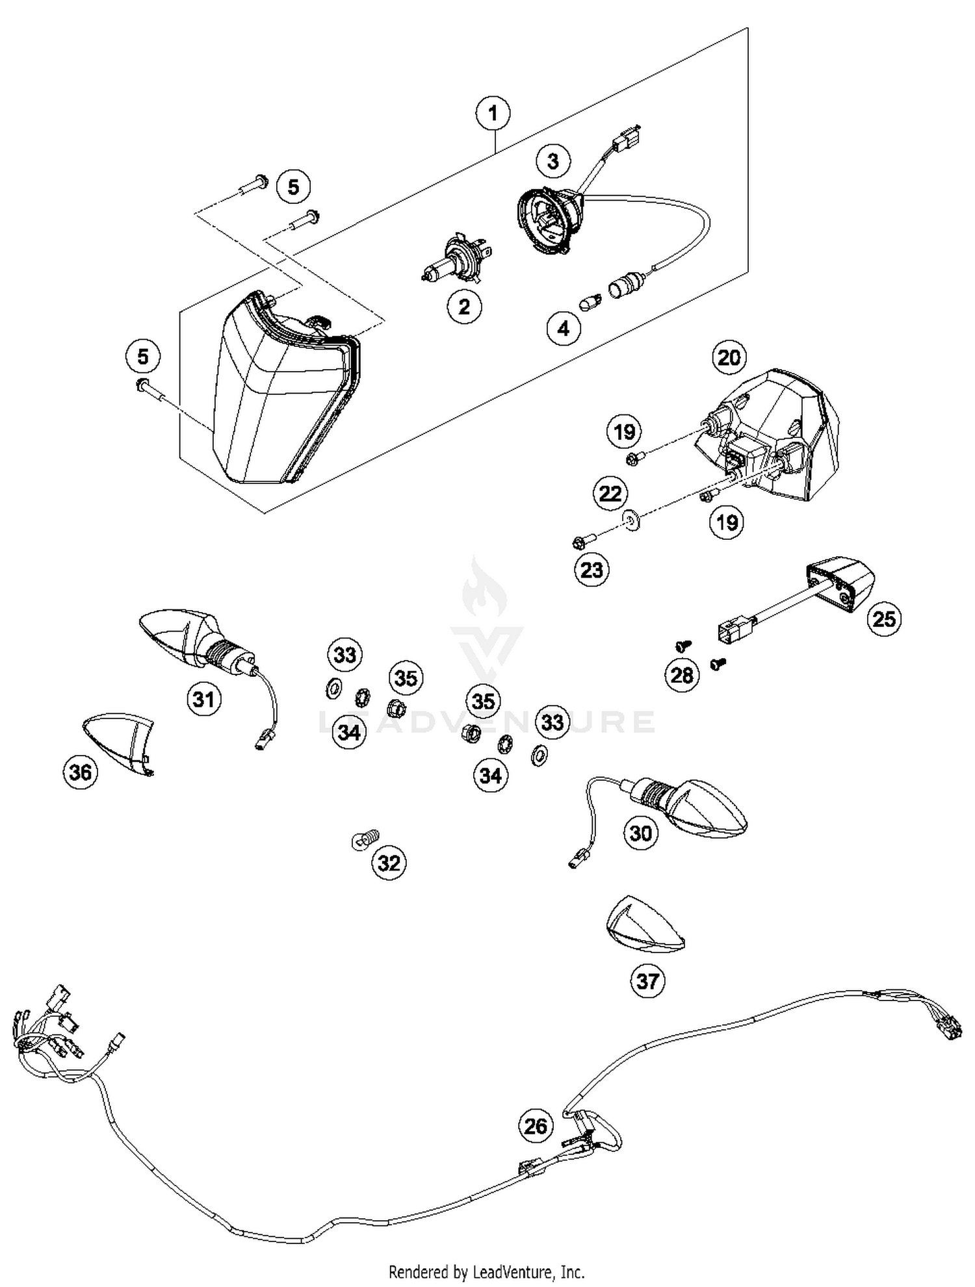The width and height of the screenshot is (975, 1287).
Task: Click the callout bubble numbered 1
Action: click(x=493, y=114)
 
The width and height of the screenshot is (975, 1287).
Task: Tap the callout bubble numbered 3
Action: click(x=553, y=161)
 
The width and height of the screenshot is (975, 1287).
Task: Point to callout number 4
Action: click(x=563, y=328)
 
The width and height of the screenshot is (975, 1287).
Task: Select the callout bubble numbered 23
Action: click(x=591, y=570)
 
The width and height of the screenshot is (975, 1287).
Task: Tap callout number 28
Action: click(x=682, y=675)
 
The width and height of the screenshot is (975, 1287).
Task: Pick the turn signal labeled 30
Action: click(x=695, y=806)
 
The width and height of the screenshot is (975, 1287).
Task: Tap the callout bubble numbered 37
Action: click(x=647, y=980)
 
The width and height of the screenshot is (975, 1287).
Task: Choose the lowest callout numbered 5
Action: click(x=142, y=356)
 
